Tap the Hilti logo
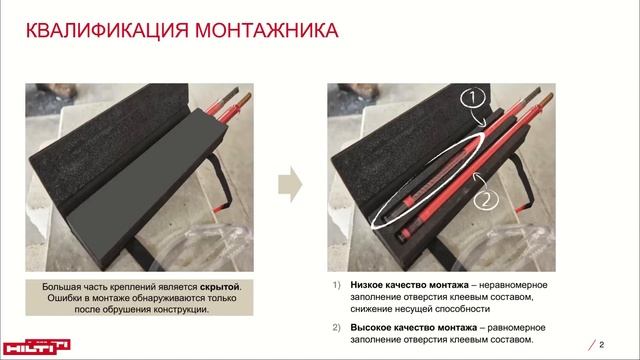pos(36,347)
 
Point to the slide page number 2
pos(601,345)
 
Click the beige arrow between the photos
pos(290,184)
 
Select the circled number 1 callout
pos(473,98)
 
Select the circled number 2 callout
pos(486,200)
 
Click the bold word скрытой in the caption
pos(220,287)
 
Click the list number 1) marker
pos(336,285)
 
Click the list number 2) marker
pos(336,328)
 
